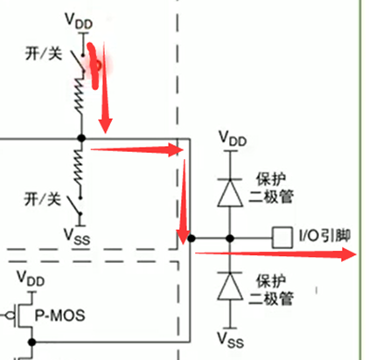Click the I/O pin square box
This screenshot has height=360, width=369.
tap(282, 238)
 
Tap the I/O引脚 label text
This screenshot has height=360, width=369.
tap(324, 236)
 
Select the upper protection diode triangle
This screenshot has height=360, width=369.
tap(230, 193)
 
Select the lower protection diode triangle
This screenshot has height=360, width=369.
tap(230, 287)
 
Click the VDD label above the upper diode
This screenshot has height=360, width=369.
tap(233, 138)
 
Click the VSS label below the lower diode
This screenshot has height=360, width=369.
tap(230, 340)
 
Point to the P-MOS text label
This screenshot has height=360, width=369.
tap(60, 315)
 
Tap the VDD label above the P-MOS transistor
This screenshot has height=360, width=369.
tap(31, 279)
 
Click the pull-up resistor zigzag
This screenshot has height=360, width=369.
tap(80, 95)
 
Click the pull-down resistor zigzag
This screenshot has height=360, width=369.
tap(79, 168)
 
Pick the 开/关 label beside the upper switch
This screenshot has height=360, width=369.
tap(44, 53)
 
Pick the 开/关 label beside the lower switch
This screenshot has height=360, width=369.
tap(43, 199)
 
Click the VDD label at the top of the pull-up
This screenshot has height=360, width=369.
tap(79, 21)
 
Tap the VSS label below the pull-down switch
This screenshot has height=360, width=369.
tap(77, 236)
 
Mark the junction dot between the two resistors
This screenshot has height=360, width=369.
tap(81, 138)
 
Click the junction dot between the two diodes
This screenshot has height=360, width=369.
tap(230, 239)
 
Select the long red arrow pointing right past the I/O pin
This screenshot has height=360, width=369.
tap(275, 254)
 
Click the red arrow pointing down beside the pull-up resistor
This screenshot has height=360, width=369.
tap(105, 87)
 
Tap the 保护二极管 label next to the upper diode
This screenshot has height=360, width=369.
tap(271, 188)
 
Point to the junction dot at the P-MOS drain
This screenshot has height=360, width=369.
tap(32, 342)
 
